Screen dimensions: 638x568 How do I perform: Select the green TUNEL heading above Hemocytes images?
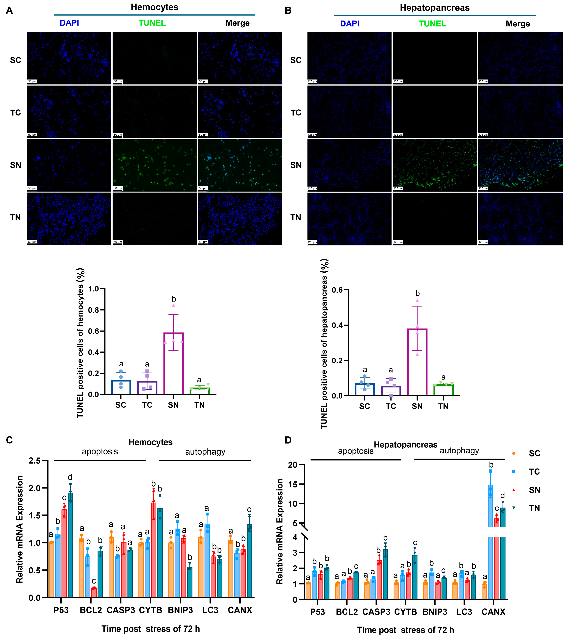click(x=152, y=23)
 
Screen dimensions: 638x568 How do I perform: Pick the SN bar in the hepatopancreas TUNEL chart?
click(x=417, y=362)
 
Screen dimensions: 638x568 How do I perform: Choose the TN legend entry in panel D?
click(x=534, y=508)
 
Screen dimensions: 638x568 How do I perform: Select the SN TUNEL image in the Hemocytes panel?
click(x=154, y=165)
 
